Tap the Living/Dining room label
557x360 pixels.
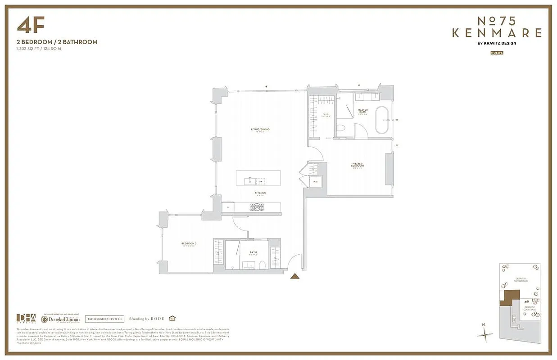(x=260, y=130)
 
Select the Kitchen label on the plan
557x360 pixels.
(x=261, y=193)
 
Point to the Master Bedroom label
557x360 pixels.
(x=358, y=165)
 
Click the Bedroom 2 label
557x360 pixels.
(x=189, y=243)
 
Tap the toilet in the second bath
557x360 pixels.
(x=262, y=265)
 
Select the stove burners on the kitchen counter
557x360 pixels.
(x=257, y=207)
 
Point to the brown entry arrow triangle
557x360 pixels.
(x=295, y=276)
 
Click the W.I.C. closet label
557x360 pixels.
(x=326, y=114)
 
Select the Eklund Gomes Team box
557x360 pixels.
(x=104, y=319)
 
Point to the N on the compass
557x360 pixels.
(x=483, y=324)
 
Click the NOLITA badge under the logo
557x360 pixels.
(x=497, y=53)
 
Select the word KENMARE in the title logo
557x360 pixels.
(x=497, y=33)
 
